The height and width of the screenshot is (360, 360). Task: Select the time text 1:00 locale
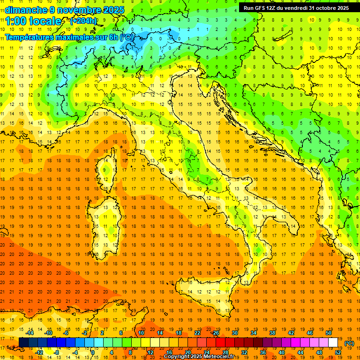coord(33,21)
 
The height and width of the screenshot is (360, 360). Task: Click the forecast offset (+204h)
coord(83,21)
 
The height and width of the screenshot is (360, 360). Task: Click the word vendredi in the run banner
coord(293,8)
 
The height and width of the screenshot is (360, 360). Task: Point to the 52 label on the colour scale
coord(338,352)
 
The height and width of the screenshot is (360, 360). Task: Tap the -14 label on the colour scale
coord(30,333)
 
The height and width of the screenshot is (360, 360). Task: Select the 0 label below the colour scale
coord(93,352)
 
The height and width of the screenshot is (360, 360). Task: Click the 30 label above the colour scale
coord(234,333)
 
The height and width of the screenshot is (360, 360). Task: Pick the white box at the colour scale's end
coord(333,343)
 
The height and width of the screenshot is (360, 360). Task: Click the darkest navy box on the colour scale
coord(23,343)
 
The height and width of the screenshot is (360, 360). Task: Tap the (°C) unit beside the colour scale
coord(349,343)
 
